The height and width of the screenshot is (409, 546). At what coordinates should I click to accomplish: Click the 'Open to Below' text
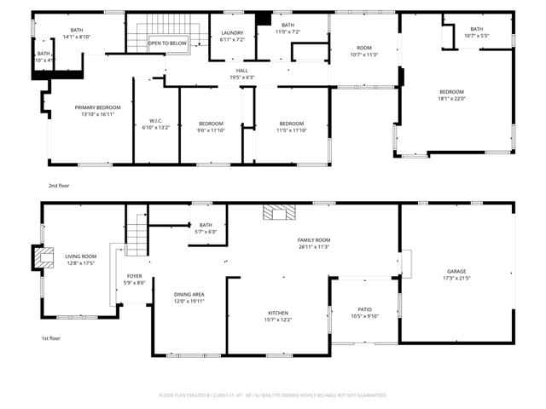(167, 43)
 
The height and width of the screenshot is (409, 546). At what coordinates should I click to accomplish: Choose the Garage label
(456, 272)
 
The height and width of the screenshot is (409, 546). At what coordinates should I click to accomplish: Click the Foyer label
(135, 277)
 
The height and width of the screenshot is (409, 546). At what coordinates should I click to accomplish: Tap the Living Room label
(81, 256)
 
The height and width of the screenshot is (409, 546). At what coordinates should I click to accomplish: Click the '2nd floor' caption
(59, 184)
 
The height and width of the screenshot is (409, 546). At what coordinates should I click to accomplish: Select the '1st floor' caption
(52, 338)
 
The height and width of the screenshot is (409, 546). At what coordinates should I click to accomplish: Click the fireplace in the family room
(275, 214)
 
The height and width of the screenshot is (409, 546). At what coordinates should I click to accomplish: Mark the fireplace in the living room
(40, 256)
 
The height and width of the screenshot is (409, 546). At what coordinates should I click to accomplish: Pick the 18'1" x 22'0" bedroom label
(451, 92)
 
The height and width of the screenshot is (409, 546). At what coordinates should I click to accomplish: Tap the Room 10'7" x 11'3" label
(364, 49)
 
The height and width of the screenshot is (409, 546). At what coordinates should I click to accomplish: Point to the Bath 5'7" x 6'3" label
(206, 225)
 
